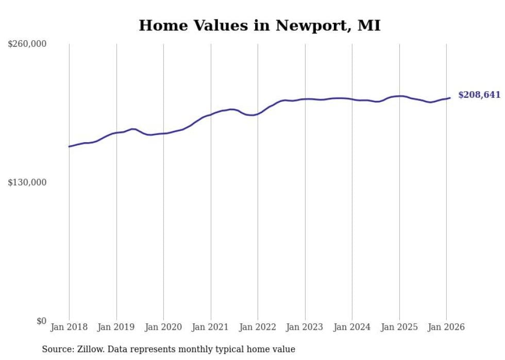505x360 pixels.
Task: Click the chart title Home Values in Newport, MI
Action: pyautogui.click(x=259, y=25)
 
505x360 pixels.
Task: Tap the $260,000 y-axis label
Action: pyautogui.click(x=27, y=44)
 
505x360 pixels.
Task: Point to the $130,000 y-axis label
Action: pyautogui.click(x=27, y=182)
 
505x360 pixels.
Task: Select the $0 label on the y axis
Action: pyautogui.click(x=41, y=321)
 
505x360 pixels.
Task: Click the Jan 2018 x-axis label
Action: pyautogui.click(x=69, y=327)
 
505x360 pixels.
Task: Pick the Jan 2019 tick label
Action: pyautogui.click(x=116, y=327)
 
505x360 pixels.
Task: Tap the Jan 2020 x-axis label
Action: pyautogui.click(x=163, y=327)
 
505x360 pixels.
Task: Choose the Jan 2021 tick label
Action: pyautogui.click(x=210, y=327)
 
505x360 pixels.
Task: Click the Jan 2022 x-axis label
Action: pyautogui.click(x=258, y=327)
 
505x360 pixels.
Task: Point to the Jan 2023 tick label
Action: pyautogui.click(x=305, y=327)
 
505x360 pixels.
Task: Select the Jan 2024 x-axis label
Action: pyautogui.click(x=352, y=327)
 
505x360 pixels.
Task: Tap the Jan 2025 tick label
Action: pyautogui.click(x=399, y=327)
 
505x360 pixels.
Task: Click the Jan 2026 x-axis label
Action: pyautogui.click(x=446, y=327)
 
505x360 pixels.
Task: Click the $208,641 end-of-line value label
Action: pyautogui.click(x=479, y=95)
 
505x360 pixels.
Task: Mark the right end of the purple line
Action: pyautogui.click(x=450, y=98)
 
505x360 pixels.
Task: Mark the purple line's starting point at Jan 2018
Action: pyautogui.click(x=69, y=147)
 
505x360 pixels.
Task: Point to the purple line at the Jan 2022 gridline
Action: pyautogui.click(x=258, y=113)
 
